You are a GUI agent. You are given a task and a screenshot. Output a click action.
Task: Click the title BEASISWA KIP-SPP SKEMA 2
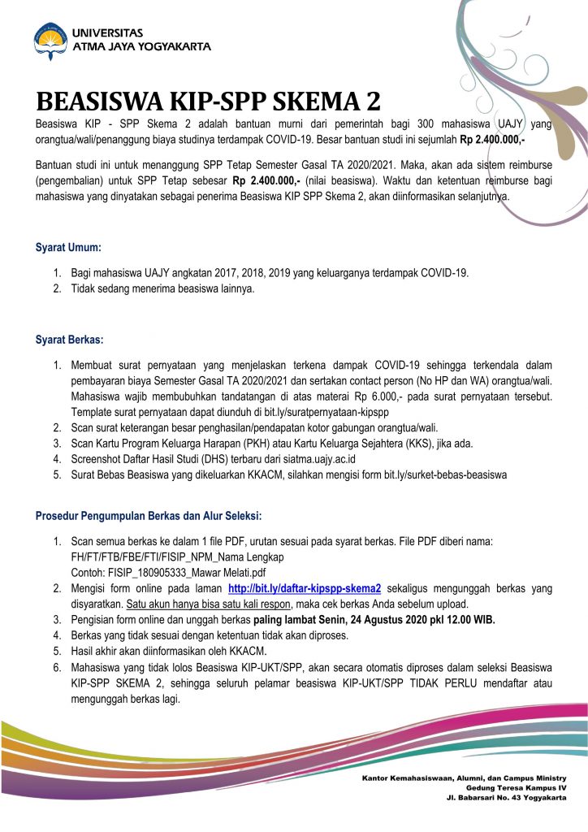208,102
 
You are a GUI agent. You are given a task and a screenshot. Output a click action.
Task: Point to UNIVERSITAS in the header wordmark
108,32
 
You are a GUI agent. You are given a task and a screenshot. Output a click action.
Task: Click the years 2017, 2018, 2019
238,273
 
